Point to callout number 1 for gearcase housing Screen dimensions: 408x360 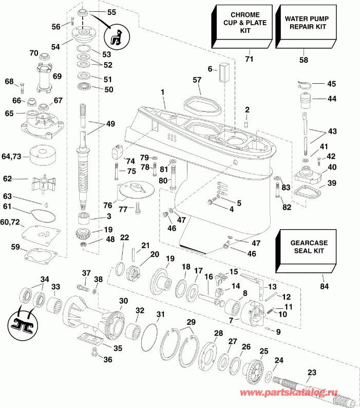pyautogui.click(x=163, y=92)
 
